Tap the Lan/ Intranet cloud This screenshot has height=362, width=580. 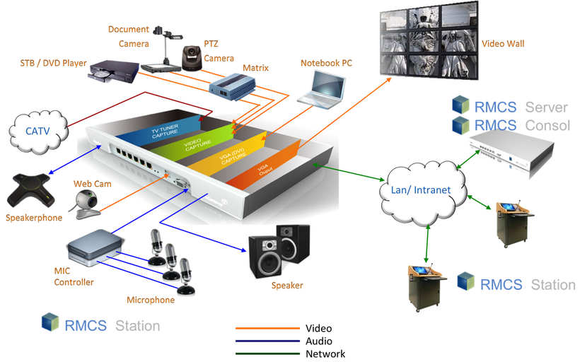419,189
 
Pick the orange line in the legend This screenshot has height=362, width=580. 268,329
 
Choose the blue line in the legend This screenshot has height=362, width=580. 268,340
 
